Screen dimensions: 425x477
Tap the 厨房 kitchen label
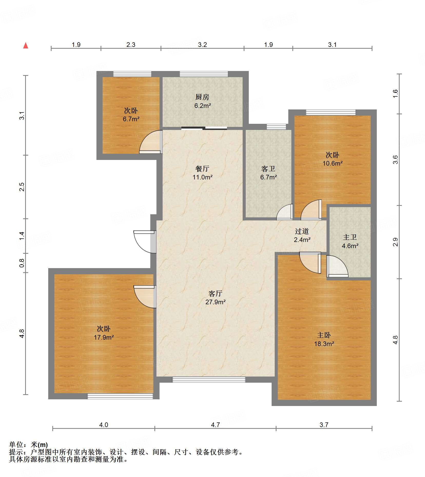point(202,97)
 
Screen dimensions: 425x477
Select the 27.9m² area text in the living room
point(215,302)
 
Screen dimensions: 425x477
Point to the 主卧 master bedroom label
point(324,335)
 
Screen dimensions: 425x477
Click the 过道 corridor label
point(302,231)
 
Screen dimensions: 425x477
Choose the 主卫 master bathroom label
point(350,237)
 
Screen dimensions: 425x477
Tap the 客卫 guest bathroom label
point(268,169)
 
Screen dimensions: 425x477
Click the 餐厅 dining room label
point(202,169)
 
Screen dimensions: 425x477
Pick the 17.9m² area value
point(104,337)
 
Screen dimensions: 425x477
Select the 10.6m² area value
point(332,163)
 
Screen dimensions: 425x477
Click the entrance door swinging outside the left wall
point(145,242)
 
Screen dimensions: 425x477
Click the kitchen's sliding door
point(204,128)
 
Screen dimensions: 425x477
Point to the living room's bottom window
point(209,380)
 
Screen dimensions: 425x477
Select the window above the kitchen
point(204,74)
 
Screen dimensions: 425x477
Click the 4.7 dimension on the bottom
point(215,425)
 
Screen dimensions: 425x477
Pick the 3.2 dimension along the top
point(202,45)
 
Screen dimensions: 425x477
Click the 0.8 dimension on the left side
point(22,263)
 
